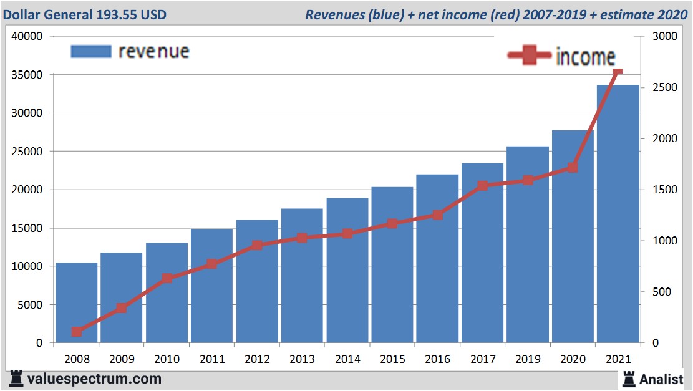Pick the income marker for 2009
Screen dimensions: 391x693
click(122, 308)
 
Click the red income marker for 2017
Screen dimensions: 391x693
click(482, 186)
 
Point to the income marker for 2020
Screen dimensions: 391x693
click(573, 168)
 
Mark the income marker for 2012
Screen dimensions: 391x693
click(257, 246)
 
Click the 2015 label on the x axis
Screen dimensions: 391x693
click(392, 359)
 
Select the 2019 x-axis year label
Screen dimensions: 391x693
click(527, 359)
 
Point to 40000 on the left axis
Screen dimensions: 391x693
click(27, 36)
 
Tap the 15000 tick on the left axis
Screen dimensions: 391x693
click(27, 228)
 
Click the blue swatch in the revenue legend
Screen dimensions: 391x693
click(91, 51)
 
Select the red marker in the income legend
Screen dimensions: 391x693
click(529, 56)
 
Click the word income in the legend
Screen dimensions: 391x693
click(585, 56)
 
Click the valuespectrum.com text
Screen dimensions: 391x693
click(94, 379)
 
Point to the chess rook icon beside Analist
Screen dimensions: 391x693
click(629, 378)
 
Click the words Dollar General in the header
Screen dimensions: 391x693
click(45, 14)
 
